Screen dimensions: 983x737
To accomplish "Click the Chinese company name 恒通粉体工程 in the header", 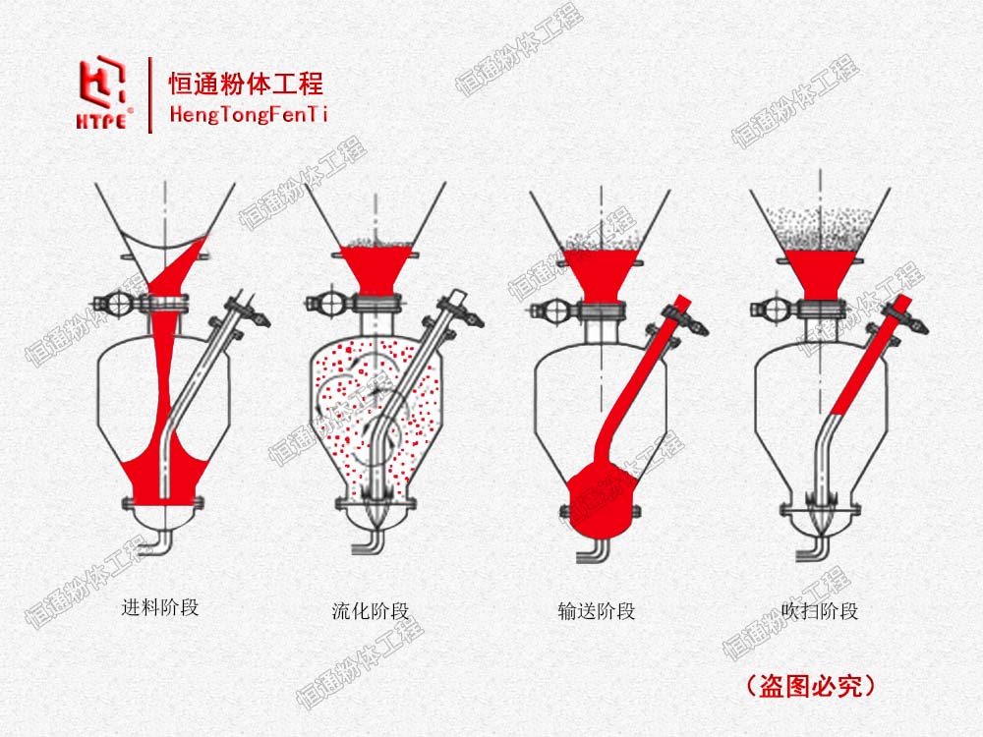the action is (x=246, y=84).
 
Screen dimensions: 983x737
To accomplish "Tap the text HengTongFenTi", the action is (x=249, y=114).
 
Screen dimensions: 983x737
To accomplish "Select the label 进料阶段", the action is (x=160, y=607).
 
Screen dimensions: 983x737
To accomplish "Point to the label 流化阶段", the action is (x=371, y=610).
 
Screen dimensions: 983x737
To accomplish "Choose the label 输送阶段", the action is (x=597, y=610).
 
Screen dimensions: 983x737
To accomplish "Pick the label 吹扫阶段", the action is (x=820, y=610).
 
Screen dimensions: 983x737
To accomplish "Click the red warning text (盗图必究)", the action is (x=811, y=686).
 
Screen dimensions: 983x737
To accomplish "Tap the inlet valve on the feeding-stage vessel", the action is (x=117, y=306).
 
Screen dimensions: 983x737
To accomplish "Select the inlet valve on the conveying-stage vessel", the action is (x=552, y=310).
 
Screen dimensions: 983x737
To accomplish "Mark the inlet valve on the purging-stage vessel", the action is (x=773, y=309).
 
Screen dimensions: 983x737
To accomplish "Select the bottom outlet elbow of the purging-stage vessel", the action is (x=815, y=549).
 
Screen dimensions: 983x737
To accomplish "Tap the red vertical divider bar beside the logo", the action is (x=150, y=94).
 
